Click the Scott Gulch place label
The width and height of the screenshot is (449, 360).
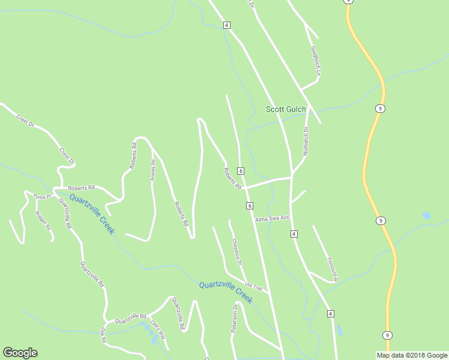(286, 109)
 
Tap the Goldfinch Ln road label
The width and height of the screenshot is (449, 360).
(315, 61)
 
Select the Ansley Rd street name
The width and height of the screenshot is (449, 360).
(153, 170)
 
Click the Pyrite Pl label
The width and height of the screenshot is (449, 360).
(42, 196)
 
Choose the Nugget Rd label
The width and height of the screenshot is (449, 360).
(43, 220)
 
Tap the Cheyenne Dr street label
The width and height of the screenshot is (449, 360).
(237, 252)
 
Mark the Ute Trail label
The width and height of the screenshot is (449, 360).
(254, 287)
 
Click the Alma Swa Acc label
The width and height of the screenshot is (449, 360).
(272, 218)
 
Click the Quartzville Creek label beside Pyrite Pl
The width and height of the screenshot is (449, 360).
(91, 214)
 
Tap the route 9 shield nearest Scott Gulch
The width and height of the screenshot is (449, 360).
(381, 109)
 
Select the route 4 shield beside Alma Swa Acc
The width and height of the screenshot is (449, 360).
(294, 233)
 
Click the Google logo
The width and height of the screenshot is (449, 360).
(20, 353)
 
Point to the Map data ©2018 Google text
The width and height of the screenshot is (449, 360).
(412, 355)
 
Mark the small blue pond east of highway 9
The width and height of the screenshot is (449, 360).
(426, 215)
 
